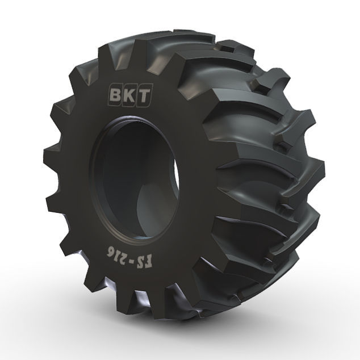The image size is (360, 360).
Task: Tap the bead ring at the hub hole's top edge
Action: coord(136,120)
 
